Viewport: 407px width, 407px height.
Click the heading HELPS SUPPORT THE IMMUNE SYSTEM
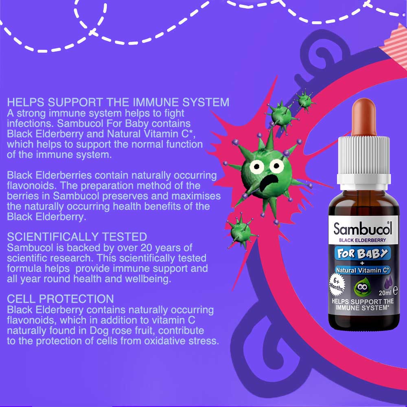pos(118,102)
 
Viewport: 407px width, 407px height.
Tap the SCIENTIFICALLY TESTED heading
pos(77,237)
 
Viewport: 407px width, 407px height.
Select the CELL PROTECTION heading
pos(60,299)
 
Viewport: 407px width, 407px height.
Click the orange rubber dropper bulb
pos(364,117)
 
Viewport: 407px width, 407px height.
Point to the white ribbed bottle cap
pos(363,161)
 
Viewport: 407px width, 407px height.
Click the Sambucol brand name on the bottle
pos(363,228)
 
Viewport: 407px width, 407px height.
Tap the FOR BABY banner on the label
pos(362,253)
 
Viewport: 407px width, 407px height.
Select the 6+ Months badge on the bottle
pos(337,284)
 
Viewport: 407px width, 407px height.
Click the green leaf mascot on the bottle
pos(362,287)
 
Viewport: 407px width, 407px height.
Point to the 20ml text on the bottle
pos(385,293)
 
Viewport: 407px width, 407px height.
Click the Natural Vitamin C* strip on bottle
pos(362,270)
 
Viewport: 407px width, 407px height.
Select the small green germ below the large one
pos(241,231)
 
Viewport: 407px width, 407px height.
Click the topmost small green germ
pos(304,101)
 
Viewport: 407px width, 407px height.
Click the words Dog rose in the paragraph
pos(112,330)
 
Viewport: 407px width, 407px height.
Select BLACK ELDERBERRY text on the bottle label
pos(362,240)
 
